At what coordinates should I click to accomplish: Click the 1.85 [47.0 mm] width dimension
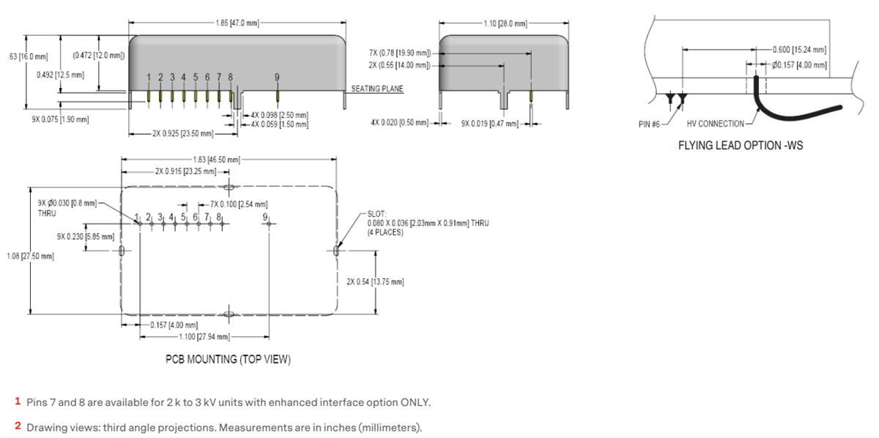click(237, 23)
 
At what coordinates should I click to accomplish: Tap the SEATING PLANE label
click(377, 89)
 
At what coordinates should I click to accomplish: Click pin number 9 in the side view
click(277, 77)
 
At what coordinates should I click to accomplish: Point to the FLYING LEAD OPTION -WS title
click(740, 145)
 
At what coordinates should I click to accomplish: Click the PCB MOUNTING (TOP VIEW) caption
click(228, 359)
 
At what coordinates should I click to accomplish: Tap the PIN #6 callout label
click(649, 124)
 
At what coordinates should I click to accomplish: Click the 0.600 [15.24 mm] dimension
click(799, 50)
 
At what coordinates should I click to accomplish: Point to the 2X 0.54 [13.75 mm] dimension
click(375, 282)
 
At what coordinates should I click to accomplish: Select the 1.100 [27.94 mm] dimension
click(204, 336)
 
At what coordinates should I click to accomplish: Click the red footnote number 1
click(18, 401)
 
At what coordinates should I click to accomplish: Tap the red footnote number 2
click(18, 426)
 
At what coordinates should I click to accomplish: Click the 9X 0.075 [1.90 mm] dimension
click(60, 119)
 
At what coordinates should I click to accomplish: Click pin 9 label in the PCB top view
click(264, 216)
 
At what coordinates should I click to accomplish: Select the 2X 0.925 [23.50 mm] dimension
click(183, 134)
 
